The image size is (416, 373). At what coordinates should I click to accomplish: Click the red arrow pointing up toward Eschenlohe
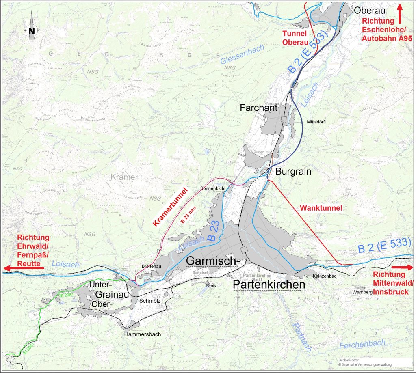[x=400, y=13]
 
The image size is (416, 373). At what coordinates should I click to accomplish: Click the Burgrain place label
[x=293, y=172]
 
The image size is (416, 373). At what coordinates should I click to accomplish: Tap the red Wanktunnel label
[x=321, y=208]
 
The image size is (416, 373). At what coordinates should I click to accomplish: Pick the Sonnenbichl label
[x=213, y=189]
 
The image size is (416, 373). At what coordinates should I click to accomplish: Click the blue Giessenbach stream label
[x=243, y=55]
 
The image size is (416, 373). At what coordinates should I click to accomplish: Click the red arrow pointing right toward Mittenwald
[x=403, y=268]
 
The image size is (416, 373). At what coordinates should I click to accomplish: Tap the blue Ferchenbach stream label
[x=362, y=344]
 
